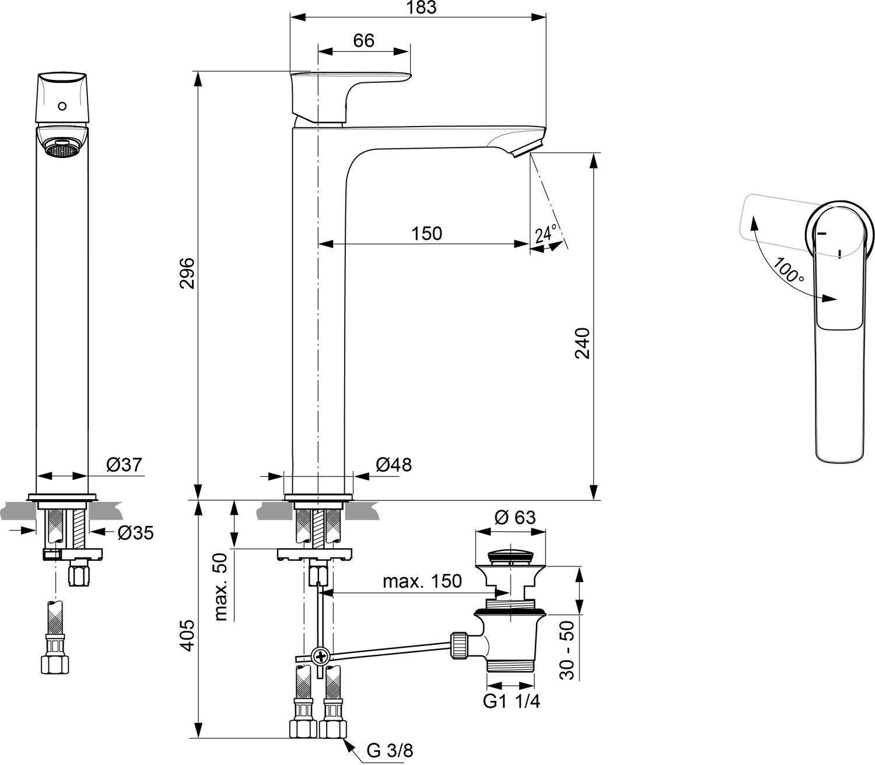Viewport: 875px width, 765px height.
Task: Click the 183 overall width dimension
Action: (x=422, y=7)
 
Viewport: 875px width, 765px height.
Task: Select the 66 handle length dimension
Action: (x=363, y=41)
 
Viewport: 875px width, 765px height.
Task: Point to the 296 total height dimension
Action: (x=187, y=273)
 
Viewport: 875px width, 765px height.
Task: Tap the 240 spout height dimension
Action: (x=582, y=343)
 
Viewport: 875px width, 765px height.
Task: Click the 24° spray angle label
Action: (x=545, y=233)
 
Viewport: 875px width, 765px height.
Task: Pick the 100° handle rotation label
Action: (x=788, y=269)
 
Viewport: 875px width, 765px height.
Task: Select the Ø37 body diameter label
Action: (x=124, y=465)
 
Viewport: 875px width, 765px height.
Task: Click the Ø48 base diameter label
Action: (x=393, y=465)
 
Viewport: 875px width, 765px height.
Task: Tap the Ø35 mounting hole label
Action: (x=135, y=532)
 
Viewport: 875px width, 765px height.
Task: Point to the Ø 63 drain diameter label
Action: (x=515, y=517)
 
